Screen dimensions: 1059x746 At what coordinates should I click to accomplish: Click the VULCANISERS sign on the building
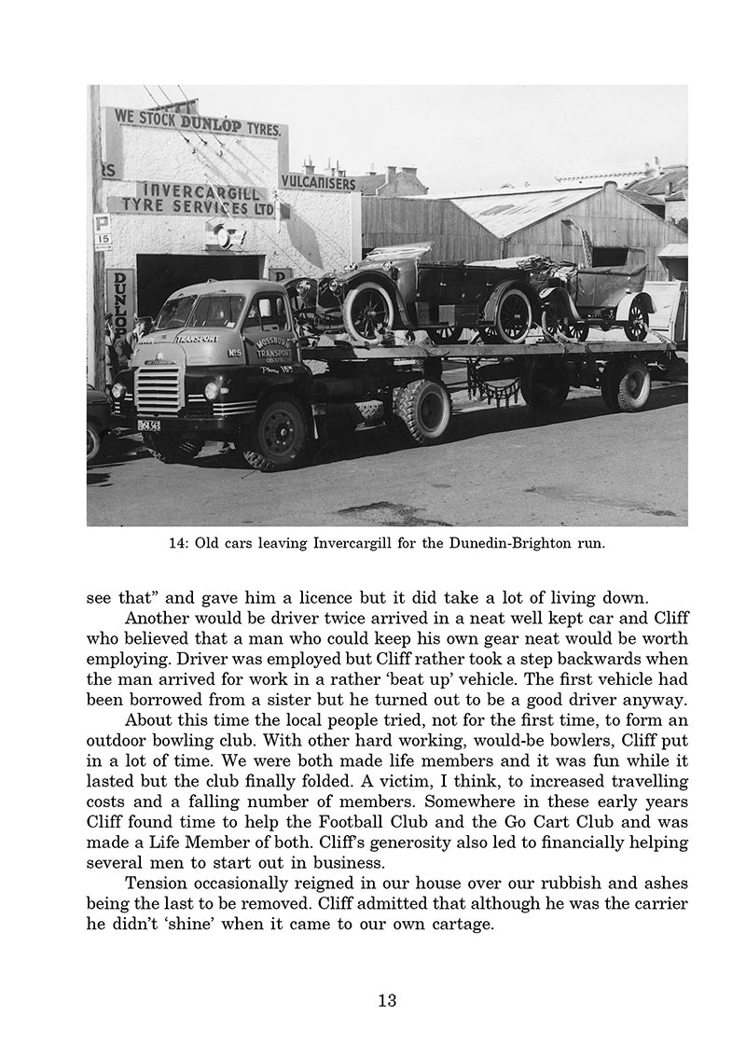(318, 183)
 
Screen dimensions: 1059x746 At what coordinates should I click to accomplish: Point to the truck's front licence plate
(148, 425)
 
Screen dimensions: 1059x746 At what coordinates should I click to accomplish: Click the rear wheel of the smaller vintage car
(637, 316)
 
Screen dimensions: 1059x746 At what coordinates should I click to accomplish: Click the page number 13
(388, 1001)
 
